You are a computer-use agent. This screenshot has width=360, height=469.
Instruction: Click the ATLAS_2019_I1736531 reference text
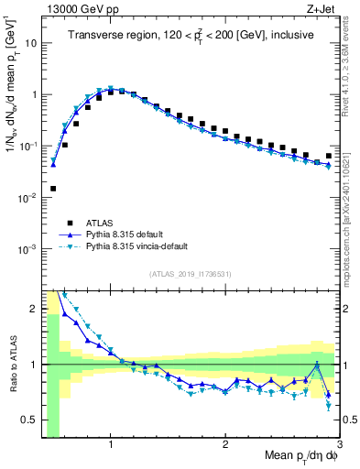point(191,274)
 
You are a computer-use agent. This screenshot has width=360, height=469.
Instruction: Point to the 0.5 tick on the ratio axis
point(31,420)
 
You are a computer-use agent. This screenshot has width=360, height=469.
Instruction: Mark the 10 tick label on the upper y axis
point(30,43)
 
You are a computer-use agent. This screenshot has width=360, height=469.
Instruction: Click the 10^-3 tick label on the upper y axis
point(27,249)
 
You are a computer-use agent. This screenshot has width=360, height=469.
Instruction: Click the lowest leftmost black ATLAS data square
point(53,189)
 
